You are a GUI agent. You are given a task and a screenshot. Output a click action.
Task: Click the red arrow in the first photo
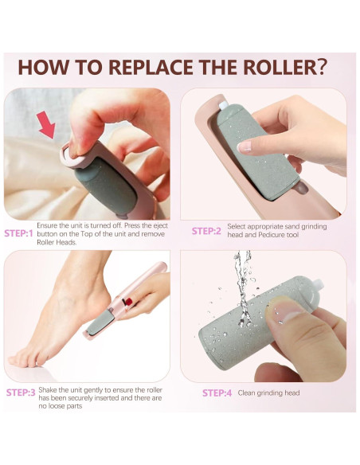tap(47, 125)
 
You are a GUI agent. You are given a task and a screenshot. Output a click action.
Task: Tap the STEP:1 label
tap(18, 233)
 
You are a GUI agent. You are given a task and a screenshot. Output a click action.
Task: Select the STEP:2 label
tap(206, 231)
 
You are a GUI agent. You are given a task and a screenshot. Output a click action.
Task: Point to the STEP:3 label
tap(21, 393)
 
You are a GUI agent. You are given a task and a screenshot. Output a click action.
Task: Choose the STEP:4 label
tap(217, 393)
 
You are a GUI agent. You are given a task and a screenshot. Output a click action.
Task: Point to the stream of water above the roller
tap(242, 288)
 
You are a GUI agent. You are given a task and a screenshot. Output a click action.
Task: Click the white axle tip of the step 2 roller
tap(223, 105)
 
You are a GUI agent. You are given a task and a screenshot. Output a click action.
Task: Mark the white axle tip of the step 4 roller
tap(318, 285)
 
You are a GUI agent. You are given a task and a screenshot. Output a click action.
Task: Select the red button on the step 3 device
tap(127, 302)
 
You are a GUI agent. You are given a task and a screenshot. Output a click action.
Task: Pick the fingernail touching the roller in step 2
tap(245, 147)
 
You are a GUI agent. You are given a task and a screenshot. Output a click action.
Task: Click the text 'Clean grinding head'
tap(268, 393)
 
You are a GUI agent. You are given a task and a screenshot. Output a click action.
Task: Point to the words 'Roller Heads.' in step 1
tap(57, 242)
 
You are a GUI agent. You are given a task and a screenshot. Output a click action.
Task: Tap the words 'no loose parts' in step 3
tap(61, 406)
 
